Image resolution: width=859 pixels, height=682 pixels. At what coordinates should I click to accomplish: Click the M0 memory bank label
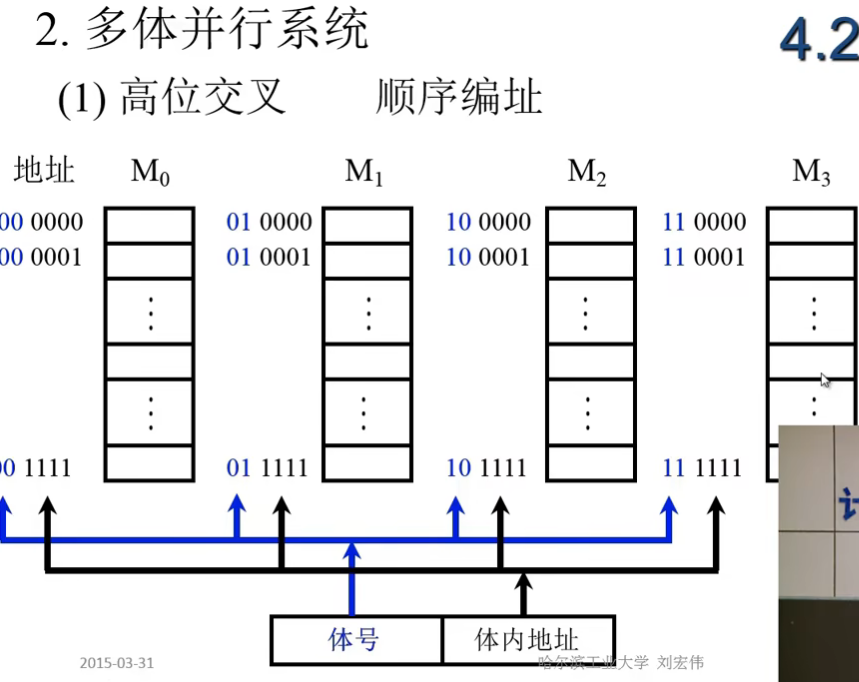(150, 172)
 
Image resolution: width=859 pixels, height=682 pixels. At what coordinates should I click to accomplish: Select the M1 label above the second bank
(365, 172)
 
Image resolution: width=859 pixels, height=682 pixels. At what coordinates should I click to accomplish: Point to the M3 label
(811, 172)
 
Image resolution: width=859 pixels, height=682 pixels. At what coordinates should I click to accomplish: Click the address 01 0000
(269, 222)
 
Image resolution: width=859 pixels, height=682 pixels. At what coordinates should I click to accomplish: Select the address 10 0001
(488, 257)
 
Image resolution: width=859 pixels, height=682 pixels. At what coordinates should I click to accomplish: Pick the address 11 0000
(704, 222)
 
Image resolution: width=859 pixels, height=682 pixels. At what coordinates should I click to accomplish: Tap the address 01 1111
(269, 467)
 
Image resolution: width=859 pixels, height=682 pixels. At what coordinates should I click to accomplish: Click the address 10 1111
(488, 467)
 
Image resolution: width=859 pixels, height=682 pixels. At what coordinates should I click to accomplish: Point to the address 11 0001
(704, 257)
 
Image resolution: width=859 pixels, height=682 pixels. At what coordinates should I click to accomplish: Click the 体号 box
(355, 639)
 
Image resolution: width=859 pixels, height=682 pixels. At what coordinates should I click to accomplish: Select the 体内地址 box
(527, 639)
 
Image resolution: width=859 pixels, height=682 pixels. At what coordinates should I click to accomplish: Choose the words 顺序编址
(459, 98)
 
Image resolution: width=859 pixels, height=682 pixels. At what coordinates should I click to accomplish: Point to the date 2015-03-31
(117, 663)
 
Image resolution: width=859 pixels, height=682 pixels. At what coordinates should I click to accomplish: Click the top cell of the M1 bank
(366, 225)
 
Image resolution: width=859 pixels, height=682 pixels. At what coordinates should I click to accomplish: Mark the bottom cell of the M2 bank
(591, 463)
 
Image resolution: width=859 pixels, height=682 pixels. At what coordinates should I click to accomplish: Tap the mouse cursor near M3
(824, 380)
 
